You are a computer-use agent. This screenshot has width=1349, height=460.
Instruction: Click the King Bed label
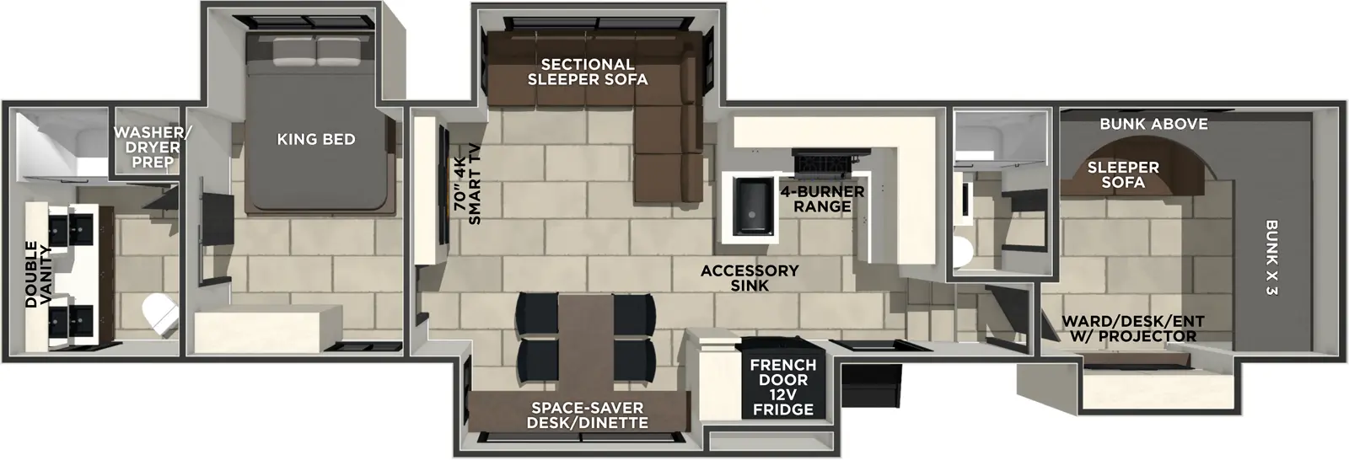tap(315, 139)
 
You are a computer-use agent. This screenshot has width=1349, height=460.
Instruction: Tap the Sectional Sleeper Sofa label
tap(588, 72)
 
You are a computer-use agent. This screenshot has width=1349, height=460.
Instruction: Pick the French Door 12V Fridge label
tap(783, 387)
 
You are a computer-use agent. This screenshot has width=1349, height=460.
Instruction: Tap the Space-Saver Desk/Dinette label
tap(587, 415)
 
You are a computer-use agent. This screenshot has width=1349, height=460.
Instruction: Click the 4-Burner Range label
tap(822, 199)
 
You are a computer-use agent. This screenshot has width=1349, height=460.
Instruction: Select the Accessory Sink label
tap(750, 278)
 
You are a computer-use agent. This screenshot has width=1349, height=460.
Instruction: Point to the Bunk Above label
tap(1153, 124)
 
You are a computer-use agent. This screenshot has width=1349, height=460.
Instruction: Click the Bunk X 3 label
tap(1271, 257)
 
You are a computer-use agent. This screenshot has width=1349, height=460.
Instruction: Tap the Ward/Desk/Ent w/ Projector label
tap(1132, 329)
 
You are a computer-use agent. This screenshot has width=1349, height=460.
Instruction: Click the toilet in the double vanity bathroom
tap(160, 315)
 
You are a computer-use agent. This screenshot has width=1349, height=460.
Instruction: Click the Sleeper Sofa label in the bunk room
tap(1123, 174)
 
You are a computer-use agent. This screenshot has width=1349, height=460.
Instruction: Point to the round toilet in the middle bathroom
tap(964, 250)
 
